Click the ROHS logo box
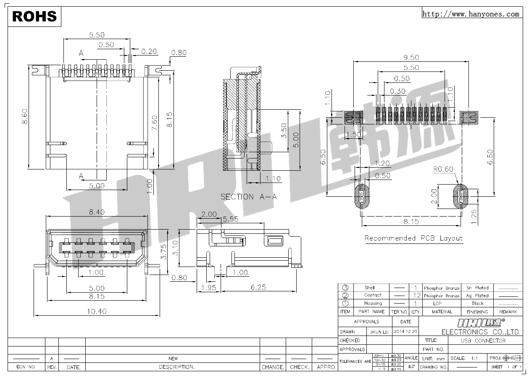[34, 16]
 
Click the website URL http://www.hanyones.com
[470, 14]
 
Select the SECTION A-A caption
[249, 197]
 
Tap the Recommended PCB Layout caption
[413, 238]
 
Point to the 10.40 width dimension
[97, 312]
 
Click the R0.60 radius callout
[443, 169]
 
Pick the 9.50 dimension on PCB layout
[411, 58]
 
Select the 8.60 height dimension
[25, 116]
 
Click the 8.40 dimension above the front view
[97, 212]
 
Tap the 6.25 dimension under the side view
[258, 287]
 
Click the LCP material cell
[437, 303]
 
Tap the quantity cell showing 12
[416, 296]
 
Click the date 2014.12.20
[405, 332]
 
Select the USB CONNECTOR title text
[483, 341]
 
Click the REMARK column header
[508, 312]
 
